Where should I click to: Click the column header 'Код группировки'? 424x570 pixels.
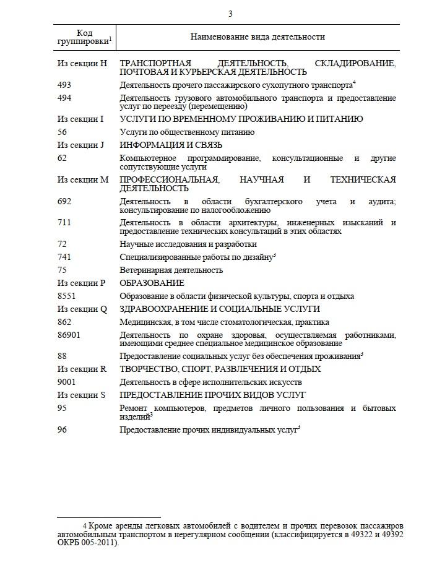84,37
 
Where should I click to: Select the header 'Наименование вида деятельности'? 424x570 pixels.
257,37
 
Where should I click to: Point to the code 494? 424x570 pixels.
64,98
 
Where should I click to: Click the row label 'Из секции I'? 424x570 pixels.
80,119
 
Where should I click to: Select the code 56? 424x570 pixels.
62,132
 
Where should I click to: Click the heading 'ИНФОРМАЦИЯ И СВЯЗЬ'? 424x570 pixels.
162,145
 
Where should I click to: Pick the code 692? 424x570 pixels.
64,201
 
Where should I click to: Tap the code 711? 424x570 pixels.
64,222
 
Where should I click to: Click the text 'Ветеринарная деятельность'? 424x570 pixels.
171,270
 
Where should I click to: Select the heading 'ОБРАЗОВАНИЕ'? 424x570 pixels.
143,283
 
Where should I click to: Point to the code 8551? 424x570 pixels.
66,296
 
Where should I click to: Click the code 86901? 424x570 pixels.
68,335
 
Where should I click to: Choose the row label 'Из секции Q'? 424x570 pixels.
82,309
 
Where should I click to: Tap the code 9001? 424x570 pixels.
66,382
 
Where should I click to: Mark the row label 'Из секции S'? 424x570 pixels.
81,395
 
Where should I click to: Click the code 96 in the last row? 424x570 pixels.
62,429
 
